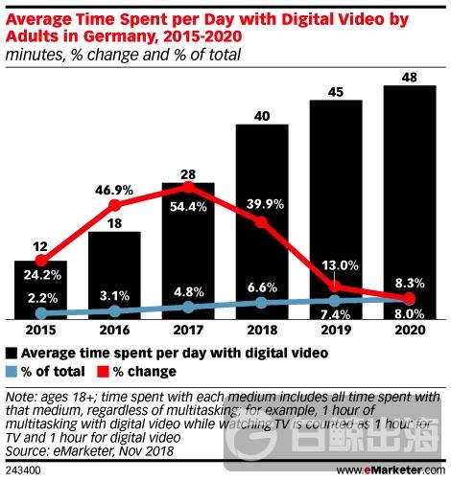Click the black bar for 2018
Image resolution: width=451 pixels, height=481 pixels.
click(261, 220)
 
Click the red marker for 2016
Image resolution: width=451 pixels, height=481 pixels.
click(114, 205)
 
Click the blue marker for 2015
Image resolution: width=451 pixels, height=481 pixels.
click(40, 313)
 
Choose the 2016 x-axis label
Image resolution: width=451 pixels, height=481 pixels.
click(114, 331)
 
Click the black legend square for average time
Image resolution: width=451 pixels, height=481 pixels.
click(12, 353)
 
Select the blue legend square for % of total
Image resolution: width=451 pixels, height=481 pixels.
click(12, 371)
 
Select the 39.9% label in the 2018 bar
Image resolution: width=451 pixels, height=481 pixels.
click(261, 204)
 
